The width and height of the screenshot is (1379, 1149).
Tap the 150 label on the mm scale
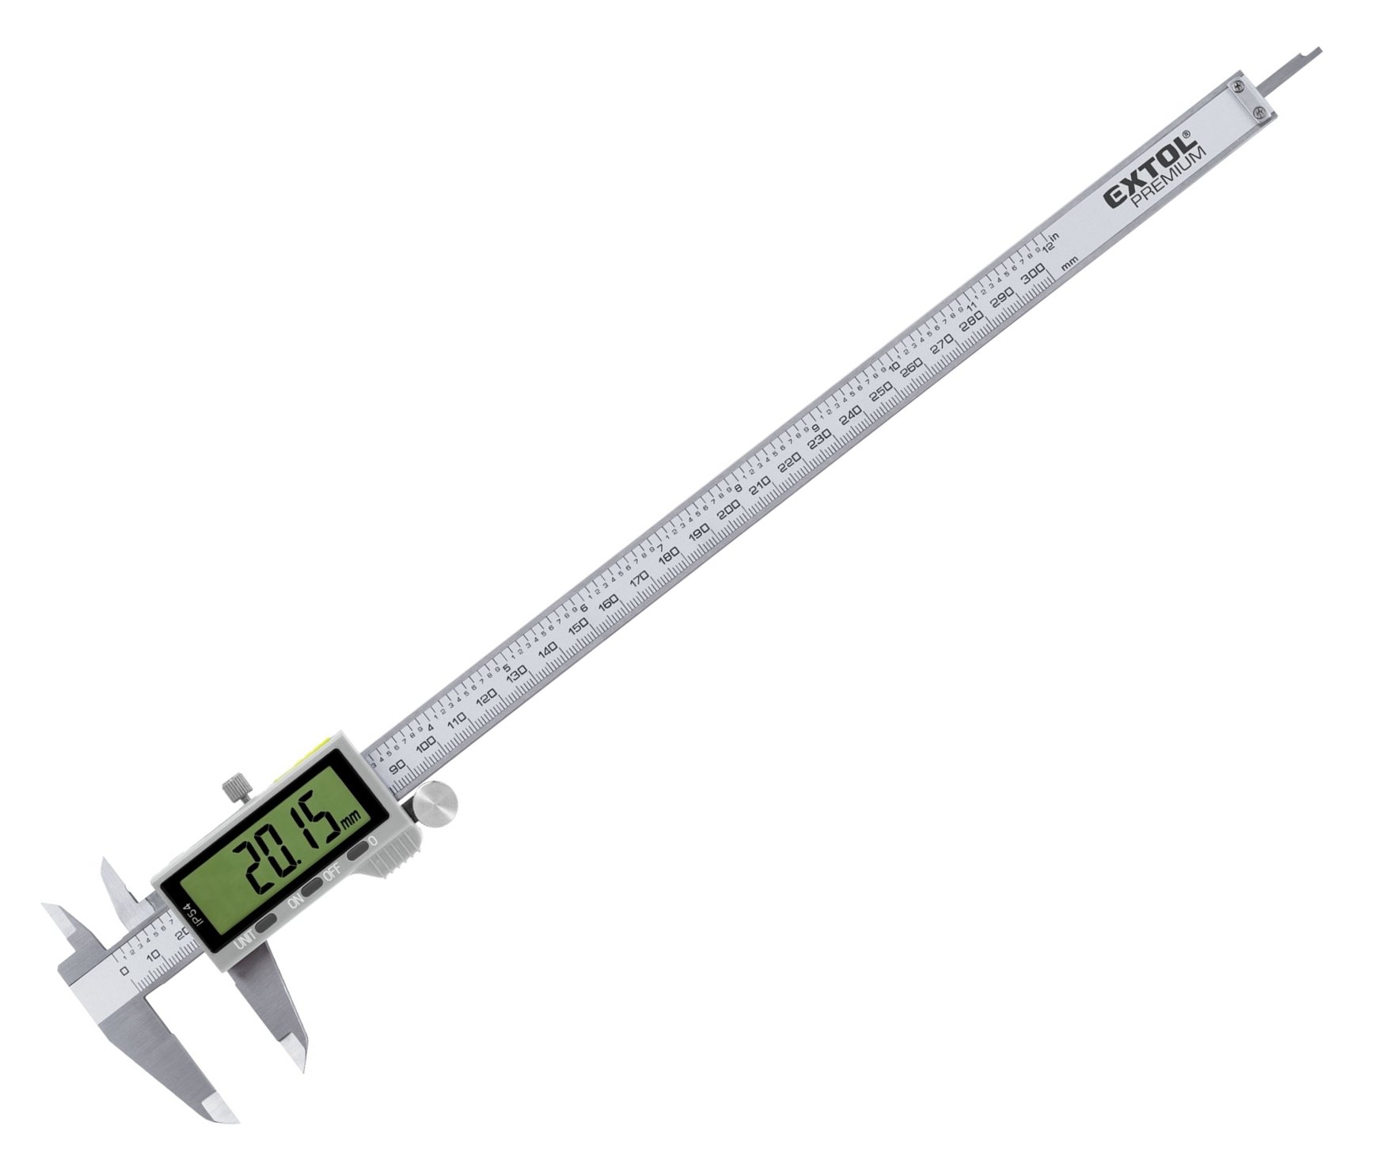pyautogui.click(x=577, y=626)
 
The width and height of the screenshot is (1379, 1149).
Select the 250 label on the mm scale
pyautogui.click(x=880, y=392)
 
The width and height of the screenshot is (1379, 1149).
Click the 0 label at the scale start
pyautogui.click(x=123, y=971)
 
